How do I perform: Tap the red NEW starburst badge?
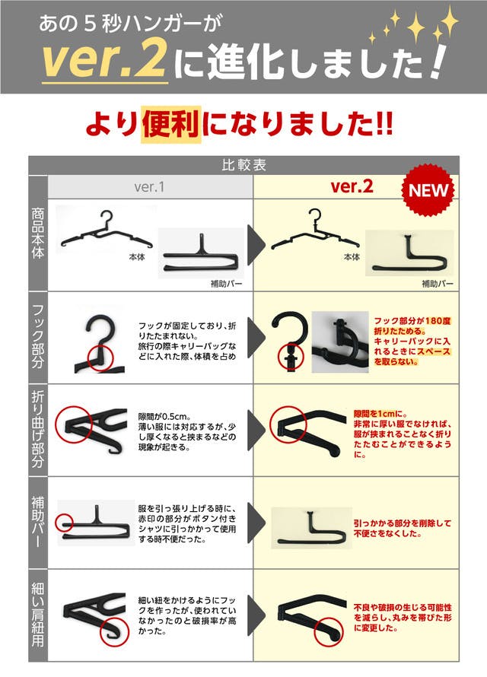click(428, 190)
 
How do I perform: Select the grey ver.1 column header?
click(149, 187)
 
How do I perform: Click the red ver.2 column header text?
click(352, 186)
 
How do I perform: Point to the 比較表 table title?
click(244, 165)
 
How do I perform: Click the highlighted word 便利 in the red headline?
click(171, 124)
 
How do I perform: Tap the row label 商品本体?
click(38, 234)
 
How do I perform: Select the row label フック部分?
click(38, 336)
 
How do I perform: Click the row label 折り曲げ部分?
click(38, 430)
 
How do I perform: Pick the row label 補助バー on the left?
click(38, 522)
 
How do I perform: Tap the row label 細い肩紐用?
click(38, 615)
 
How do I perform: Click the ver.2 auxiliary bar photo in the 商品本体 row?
click(409, 253)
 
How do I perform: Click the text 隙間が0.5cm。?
click(165, 417)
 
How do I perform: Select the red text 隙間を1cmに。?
click(380, 414)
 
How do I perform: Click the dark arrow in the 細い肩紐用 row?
click(256, 615)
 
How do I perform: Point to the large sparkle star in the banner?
click(416, 27)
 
